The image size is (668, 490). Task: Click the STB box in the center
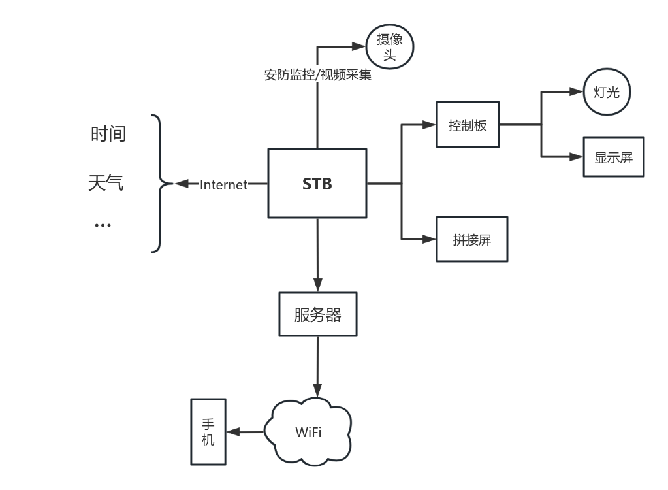point(317,184)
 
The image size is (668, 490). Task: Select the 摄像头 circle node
point(390,47)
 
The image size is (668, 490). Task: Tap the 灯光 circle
point(607,92)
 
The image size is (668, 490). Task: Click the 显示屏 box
point(613,157)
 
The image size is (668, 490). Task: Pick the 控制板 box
point(468,125)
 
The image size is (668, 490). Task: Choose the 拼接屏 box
point(471,239)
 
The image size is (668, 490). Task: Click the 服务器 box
point(318,314)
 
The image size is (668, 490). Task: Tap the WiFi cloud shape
point(308,432)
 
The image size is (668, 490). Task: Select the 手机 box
point(208,432)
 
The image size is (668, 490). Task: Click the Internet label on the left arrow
point(223,185)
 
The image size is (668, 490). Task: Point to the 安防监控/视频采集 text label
point(317,74)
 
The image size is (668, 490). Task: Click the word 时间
point(108,135)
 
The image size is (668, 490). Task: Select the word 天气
point(106,183)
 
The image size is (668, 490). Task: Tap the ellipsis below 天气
point(103,225)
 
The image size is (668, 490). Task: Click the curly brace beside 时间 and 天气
point(159,184)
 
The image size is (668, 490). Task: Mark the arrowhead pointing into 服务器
point(318,286)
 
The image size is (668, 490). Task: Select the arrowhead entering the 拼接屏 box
point(429,239)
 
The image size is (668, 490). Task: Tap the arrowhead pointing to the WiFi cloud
point(318,390)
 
